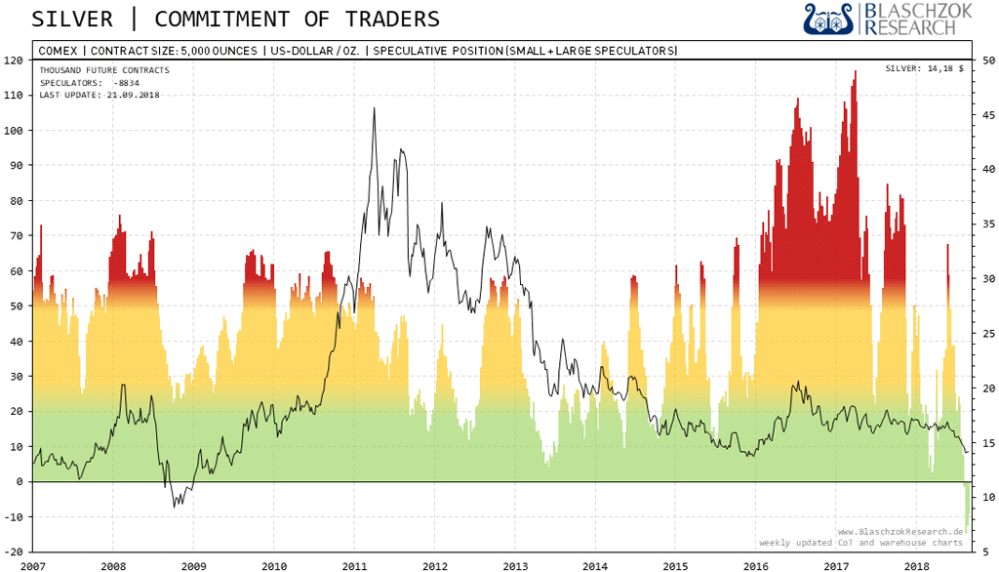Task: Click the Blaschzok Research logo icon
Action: (827, 20)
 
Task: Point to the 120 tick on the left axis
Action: (14, 60)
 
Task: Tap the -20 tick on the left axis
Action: (14, 552)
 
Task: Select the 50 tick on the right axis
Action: (986, 60)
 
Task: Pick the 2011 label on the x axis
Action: (354, 565)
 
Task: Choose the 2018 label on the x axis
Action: (916, 565)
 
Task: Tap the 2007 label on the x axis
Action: (32, 565)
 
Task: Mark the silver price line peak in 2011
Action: (374, 108)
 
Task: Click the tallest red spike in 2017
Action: (855, 74)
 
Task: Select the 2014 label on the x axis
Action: (595, 565)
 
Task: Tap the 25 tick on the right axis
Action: (986, 333)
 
